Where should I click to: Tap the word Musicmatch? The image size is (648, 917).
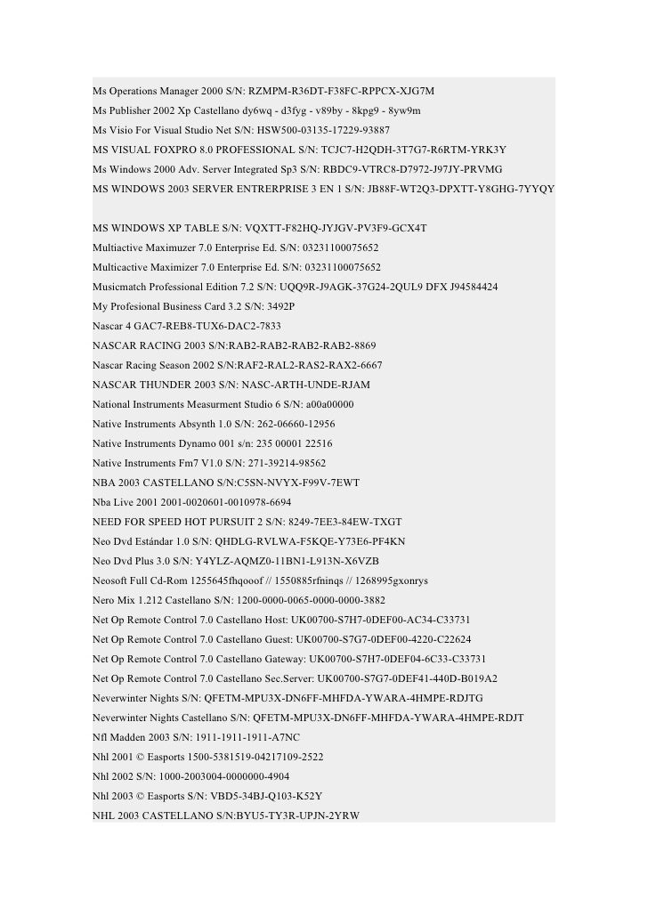(122, 287)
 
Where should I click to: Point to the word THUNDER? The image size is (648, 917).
(168, 385)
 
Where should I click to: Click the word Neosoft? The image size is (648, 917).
(113, 580)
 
